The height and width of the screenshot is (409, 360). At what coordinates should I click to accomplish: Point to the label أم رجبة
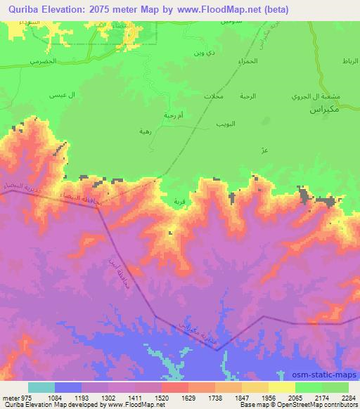(x=153, y=115)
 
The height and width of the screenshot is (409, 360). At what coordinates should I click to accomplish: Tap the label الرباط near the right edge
(x=348, y=62)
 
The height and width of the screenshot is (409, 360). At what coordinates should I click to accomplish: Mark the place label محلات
(x=213, y=95)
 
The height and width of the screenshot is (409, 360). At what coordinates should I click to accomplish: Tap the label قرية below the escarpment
(x=179, y=201)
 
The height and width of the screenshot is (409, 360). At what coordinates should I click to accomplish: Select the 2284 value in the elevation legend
(x=349, y=398)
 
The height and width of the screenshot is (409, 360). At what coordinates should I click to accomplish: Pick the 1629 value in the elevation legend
(x=174, y=398)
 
